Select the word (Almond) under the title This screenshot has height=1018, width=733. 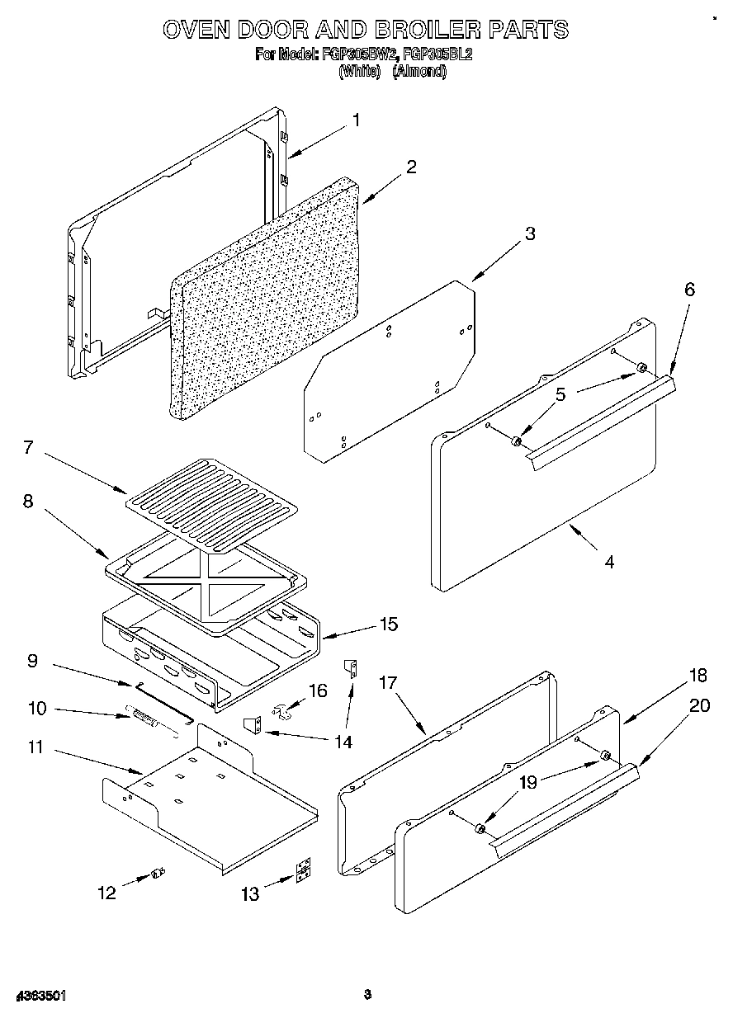(x=419, y=71)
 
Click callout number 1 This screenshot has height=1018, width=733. (x=356, y=120)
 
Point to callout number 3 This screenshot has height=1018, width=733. (x=529, y=233)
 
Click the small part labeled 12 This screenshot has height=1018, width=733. (x=158, y=873)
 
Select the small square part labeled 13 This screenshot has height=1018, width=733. (x=305, y=872)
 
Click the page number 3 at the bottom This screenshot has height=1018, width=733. (x=368, y=995)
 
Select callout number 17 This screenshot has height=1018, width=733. (x=388, y=683)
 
